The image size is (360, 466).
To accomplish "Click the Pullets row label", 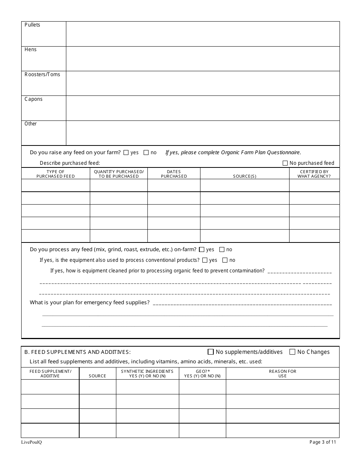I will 32,25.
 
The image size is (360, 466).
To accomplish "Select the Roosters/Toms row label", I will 42,75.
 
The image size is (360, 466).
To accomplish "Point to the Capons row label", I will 34,99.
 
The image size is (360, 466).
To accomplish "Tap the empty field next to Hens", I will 203,59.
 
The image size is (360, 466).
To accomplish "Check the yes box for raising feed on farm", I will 126,153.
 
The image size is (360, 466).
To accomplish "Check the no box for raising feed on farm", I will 146,153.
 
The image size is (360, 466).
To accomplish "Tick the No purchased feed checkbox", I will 285,163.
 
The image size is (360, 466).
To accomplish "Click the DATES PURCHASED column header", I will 174,174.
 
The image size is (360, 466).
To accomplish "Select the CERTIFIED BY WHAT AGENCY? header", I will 314,174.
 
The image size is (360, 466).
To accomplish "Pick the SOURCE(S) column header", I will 244,176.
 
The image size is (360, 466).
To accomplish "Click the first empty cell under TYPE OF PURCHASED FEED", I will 55,186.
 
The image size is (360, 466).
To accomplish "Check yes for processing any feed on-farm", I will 202,250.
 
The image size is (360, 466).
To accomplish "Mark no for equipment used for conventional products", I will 225,260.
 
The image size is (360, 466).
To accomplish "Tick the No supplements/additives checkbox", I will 211,352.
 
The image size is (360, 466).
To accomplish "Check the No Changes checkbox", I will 292,352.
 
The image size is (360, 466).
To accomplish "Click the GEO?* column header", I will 202,374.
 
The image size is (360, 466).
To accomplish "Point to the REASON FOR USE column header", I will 283,374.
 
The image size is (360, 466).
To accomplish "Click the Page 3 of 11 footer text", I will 322,442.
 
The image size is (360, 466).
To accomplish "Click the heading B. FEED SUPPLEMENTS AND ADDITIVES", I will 78,352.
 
